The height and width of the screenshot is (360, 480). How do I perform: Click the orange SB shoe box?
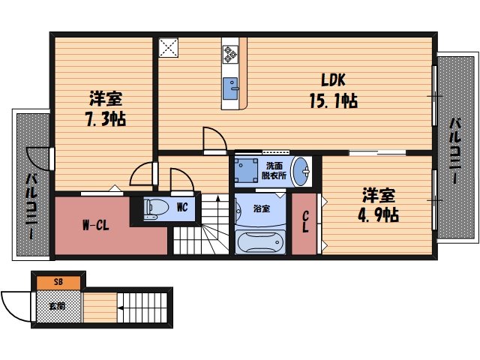58,283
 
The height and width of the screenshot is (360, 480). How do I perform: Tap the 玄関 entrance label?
58,306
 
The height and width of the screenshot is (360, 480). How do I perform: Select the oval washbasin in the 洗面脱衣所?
302,170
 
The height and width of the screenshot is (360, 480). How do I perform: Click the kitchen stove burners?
230,53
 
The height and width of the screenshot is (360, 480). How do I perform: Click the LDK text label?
334,79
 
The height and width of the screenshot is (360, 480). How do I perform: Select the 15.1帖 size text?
333,100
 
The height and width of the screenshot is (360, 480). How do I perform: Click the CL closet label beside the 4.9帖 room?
305,223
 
